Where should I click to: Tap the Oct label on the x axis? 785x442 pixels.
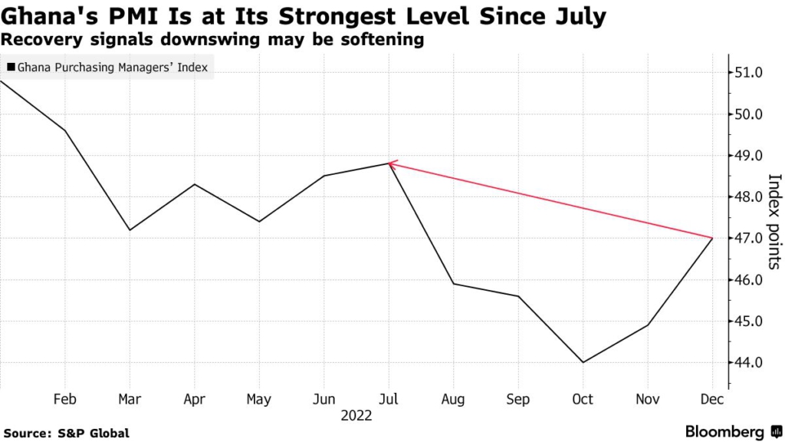pos(583,399)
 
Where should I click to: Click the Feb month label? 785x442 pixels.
pos(64,399)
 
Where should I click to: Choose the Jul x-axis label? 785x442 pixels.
pos(389,399)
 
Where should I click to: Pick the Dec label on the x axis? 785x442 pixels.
pos(713,399)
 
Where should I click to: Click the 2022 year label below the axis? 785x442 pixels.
pos(356,416)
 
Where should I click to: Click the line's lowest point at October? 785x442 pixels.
pos(583,362)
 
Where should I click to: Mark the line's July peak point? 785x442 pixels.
pos(389,163)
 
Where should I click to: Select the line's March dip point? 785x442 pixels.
pos(130,229)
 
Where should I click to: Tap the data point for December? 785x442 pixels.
pos(713,238)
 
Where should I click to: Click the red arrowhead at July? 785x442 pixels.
pos(392,163)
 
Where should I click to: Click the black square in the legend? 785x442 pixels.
pos(10,68)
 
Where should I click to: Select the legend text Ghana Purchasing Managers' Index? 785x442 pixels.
pos(111,68)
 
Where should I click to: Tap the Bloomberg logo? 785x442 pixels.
pos(729,431)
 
